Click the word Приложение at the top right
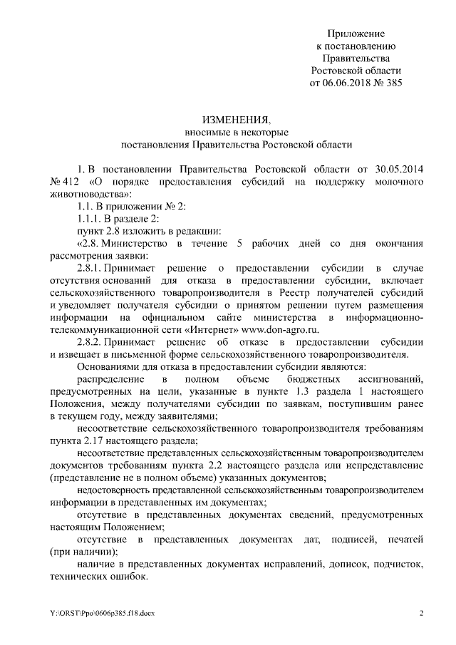[x=356, y=33]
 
